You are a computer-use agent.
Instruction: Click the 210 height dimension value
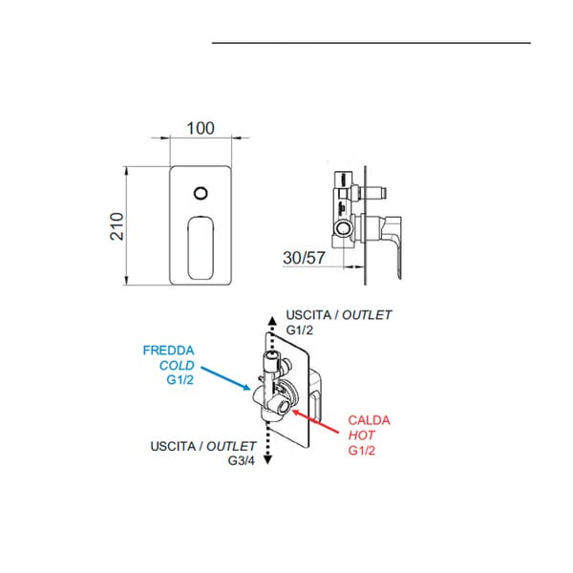click(117, 225)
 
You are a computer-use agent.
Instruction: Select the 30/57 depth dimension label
click(307, 257)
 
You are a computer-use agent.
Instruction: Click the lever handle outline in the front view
click(202, 245)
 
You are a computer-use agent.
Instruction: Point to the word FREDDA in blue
click(168, 350)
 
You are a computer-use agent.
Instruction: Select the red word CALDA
click(369, 419)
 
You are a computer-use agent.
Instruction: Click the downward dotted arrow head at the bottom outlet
click(269, 460)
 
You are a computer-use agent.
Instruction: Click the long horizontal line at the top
click(371, 43)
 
